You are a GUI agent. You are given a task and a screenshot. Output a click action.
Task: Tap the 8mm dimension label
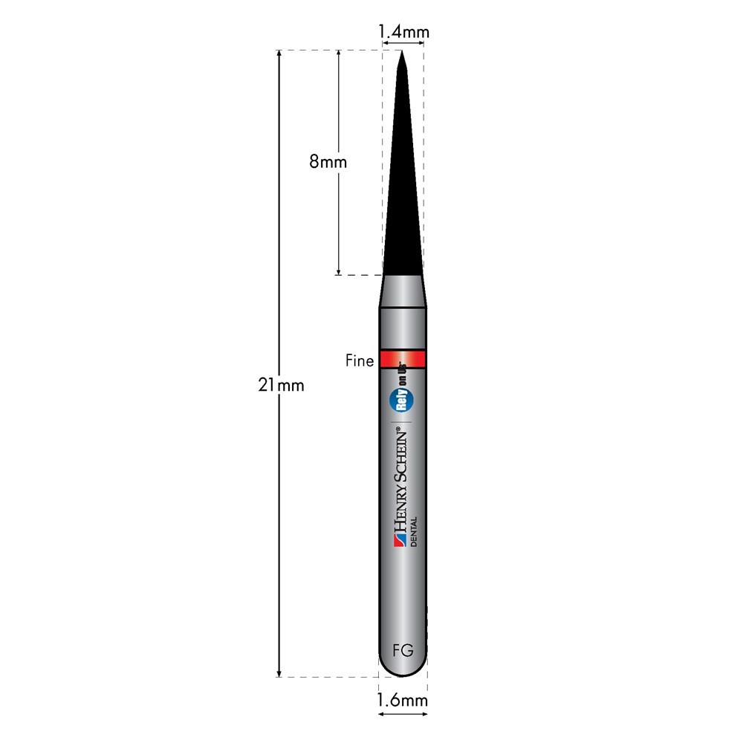328,161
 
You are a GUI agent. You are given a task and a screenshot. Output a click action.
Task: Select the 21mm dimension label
281,386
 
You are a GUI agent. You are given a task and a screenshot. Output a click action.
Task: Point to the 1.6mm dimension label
403,700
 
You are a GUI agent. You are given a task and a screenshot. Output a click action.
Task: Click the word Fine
360,360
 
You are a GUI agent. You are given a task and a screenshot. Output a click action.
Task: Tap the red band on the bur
403,360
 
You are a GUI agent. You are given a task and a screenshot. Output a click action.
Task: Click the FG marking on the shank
403,651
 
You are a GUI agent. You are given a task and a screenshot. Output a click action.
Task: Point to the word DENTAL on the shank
414,531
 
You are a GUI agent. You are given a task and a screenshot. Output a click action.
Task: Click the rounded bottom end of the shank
403,669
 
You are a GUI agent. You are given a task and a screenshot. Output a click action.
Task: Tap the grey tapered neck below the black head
403,291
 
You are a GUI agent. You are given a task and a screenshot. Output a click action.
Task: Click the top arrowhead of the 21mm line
279,54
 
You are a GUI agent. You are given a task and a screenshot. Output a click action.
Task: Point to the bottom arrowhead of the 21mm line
279,672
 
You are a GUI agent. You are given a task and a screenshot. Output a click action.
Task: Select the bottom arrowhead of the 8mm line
338,271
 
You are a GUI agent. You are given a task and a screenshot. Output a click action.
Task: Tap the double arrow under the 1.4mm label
403,44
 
